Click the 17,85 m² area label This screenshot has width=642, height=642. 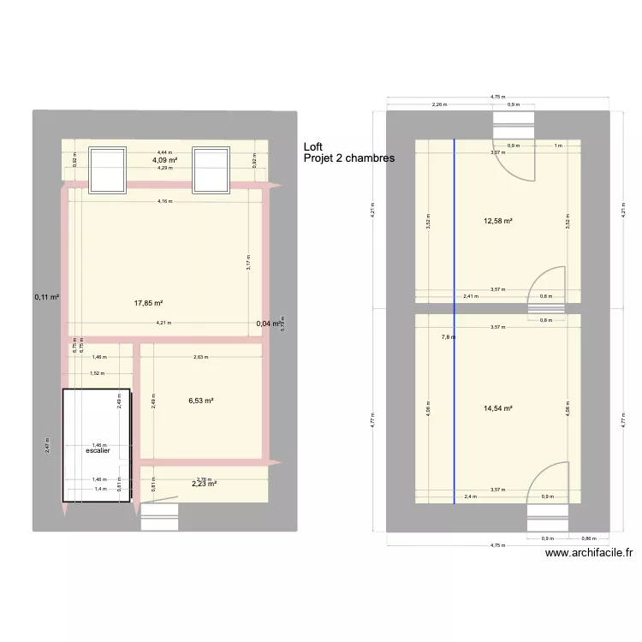[148, 302]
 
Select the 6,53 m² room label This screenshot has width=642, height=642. [200, 400]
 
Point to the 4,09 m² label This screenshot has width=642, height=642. [165, 160]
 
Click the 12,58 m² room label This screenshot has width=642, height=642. [497, 222]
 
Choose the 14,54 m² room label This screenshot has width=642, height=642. [497, 409]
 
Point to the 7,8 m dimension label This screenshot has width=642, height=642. [449, 337]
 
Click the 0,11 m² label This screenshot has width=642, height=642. [46, 297]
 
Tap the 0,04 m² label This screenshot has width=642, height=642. [269, 324]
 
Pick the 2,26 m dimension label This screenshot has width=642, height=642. [438, 106]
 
